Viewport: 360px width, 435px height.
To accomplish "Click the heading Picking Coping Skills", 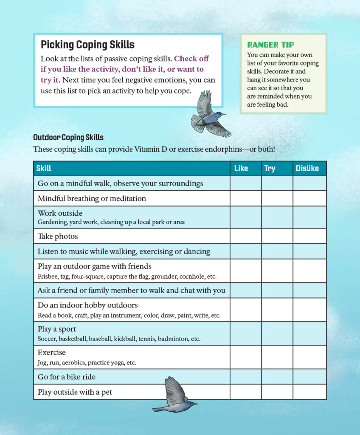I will click(87, 45).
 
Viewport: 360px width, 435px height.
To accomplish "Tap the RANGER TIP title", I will click(270, 45).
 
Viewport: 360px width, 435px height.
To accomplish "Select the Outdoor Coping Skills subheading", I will click(68, 138).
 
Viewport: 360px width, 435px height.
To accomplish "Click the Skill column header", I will click(44, 168).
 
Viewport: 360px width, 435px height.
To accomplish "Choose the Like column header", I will click(241, 168).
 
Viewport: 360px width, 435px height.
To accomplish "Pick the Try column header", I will click(270, 168).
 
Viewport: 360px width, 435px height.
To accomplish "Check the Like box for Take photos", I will click(245, 236).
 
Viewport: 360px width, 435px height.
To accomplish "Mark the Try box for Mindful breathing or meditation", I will click(277, 198).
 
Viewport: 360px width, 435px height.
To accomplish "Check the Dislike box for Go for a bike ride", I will click(309, 377).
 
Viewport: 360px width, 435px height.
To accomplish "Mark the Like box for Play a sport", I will click(245, 333).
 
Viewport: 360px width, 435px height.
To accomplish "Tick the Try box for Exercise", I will click(277, 357).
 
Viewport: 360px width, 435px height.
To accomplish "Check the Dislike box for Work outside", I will click(309, 217).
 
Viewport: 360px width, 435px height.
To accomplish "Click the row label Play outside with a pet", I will click(75, 392).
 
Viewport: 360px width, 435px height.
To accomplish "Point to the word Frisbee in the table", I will click(47, 277).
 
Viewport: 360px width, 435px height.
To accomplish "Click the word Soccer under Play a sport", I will click(46, 339).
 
